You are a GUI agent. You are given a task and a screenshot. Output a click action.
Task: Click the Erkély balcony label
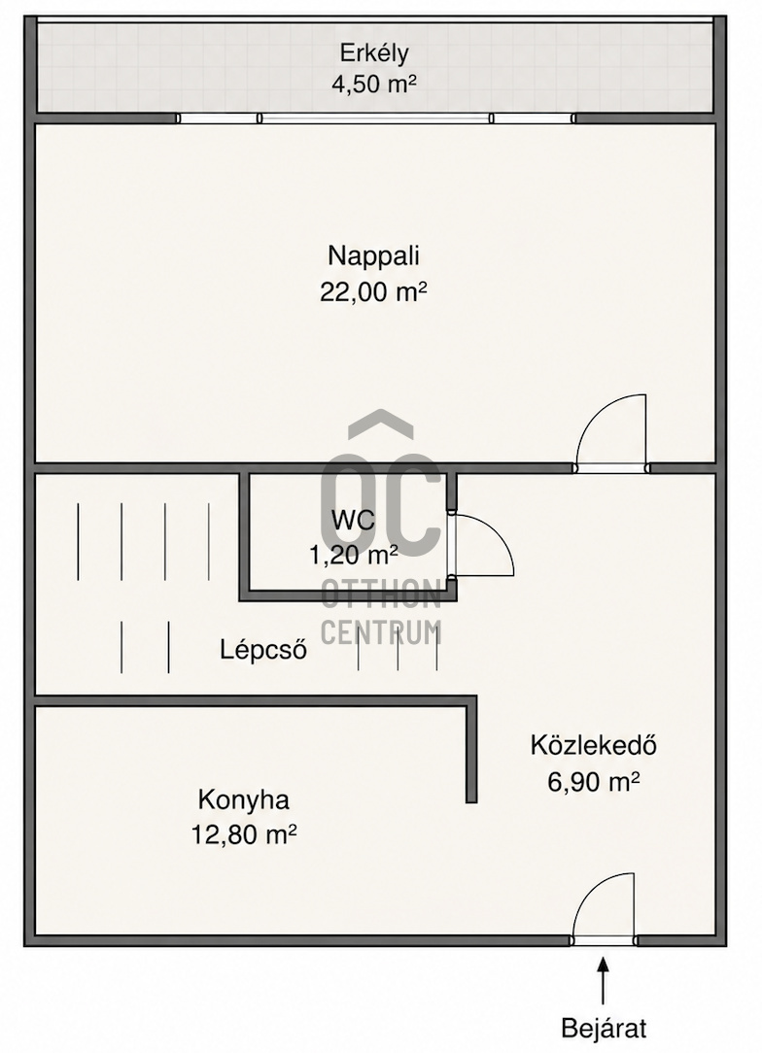point(373,53)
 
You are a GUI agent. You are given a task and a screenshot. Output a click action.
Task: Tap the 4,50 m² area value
point(373,84)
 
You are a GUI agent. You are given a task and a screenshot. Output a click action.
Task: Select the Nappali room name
point(373,256)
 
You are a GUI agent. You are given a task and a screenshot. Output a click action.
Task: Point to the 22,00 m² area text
point(373,292)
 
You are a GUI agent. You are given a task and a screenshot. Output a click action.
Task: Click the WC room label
point(353,520)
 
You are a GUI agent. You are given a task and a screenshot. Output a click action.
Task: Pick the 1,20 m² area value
point(353,555)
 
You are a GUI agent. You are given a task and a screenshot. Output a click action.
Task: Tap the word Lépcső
point(263,650)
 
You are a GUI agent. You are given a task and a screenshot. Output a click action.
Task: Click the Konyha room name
point(244,800)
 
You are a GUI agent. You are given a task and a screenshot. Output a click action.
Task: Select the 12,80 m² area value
point(244,835)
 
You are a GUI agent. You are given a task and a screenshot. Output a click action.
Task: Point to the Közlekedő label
point(593,745)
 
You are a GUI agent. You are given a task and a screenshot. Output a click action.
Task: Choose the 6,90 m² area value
point(593,782)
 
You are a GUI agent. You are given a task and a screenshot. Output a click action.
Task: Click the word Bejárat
point(605,1030)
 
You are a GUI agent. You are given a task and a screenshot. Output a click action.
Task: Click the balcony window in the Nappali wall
point(376,119)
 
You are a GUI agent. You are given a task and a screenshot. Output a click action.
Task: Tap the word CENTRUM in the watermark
point(381,632)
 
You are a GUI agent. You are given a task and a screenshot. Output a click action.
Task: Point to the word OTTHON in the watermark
point(381,594)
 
